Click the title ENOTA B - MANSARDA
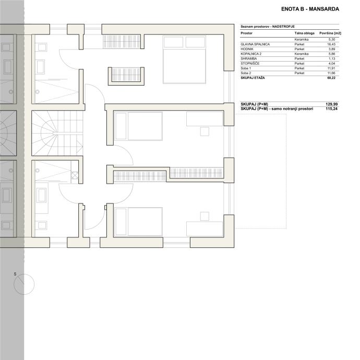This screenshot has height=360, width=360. [x=310, y=9]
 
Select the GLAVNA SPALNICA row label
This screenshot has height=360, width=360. [x=255, y=44]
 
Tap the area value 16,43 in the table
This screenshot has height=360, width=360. [x=331, y=44]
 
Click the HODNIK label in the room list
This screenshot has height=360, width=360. [x=247, y=49]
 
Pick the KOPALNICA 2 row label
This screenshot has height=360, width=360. [x=251, y=54]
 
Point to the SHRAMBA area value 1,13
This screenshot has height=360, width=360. [x=332, y=59]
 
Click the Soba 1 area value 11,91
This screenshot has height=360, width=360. [x=331, y=68]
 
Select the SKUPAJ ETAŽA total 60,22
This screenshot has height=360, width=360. [x=331, y=78]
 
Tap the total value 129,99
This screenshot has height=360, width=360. [x=331, y=104]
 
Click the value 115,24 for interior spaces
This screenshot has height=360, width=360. [x=331, y=109]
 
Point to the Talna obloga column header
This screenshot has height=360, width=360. [x=305, y=33]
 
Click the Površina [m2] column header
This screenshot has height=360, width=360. [x=330, y=33]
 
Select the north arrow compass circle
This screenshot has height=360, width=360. [x=24, y=284]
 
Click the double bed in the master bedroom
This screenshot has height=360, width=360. [x=184, y=59]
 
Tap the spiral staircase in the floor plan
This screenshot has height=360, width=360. [x=57, y=133]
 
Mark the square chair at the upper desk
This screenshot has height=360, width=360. [x=205, y=131]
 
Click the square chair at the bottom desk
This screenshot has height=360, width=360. [x=205, y=217]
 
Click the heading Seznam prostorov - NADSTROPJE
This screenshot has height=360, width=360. [x=268, y=27]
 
